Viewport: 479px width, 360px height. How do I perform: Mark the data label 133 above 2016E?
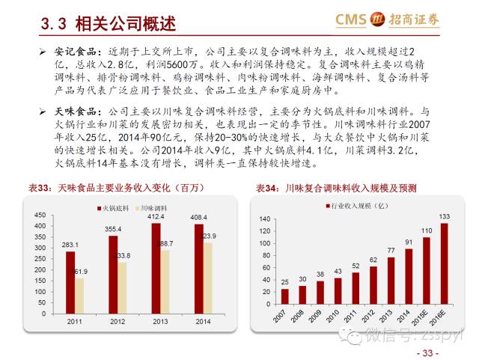pos(444,217)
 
